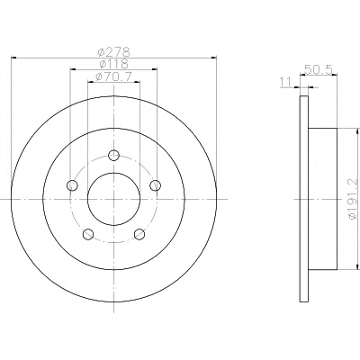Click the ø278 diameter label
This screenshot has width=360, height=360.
114,51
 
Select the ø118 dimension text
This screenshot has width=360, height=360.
114,64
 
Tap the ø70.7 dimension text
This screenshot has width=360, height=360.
113,76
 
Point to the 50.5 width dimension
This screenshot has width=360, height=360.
319,70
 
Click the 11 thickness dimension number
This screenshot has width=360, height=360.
285,82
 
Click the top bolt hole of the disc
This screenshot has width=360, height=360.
113,155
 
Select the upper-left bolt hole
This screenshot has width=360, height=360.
72,185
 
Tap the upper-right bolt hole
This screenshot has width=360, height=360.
156,185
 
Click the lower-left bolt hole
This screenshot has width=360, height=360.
88,234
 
